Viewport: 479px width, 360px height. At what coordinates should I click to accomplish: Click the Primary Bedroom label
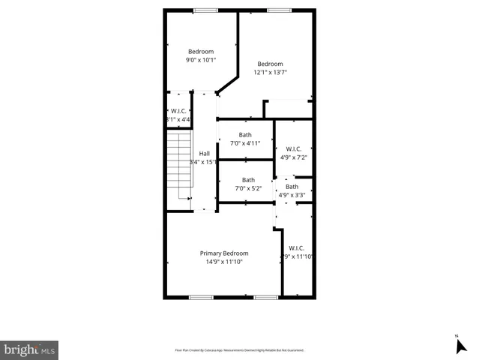click(223, 253)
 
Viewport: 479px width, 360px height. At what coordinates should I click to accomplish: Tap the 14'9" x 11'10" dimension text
click(223, 262)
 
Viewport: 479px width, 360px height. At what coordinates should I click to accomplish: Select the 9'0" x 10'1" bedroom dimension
click(200, 60)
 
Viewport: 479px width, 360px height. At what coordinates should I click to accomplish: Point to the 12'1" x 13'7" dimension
click(271, 73)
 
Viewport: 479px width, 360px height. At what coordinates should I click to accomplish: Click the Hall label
click(204, 154)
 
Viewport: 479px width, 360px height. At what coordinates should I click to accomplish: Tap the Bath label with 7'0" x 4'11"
click(245, 135)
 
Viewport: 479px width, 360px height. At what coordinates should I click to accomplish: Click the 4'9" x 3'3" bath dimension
click(292, 195)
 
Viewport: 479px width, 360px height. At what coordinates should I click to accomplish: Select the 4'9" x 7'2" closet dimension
click(292, 157)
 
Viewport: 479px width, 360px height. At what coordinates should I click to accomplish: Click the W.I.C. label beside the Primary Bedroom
click(296, 248)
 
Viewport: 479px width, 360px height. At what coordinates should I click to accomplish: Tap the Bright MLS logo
click(30, 350)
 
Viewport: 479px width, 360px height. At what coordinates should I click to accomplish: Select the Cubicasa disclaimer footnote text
click(239, 350)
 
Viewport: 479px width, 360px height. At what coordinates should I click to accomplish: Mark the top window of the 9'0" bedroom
click(205, 10)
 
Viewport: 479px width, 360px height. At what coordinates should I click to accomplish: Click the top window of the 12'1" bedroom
click(278, 10)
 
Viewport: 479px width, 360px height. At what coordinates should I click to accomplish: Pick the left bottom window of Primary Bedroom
click(200, 298)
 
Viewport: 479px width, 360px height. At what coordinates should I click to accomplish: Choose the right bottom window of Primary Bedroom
click(265, 298)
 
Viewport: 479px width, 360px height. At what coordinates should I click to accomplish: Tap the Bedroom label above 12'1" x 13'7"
click(271, 64)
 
